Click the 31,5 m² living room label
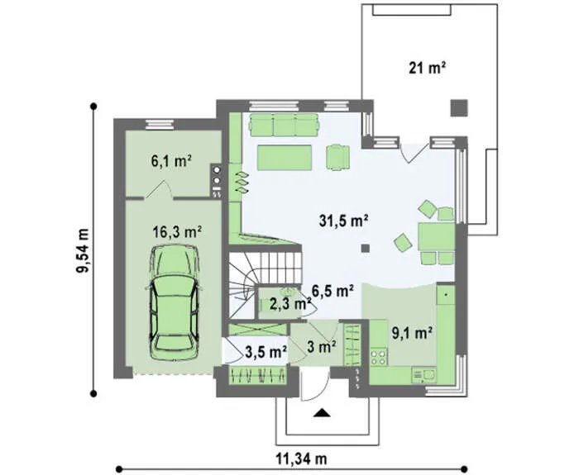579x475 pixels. [x=343, y=221]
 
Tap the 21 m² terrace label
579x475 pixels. [x=427, y=68]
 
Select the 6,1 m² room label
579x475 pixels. [x=171, y=160]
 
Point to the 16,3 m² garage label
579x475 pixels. [x=177, y=232]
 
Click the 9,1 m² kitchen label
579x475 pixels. [x=412, y=333]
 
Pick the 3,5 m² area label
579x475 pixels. [x=266, y=352]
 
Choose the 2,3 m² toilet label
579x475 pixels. [x=290, y=304]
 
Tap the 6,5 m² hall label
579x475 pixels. [x=333, y=291]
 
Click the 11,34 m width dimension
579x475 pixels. [x=301, y=458]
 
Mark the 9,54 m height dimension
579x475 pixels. [x=83, y=250]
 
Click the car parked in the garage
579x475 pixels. [x=174, y=302]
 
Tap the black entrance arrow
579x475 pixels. [x=322, y=413]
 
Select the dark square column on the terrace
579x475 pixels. [x=459, y=108]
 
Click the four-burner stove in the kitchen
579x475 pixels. [x=379, y=356]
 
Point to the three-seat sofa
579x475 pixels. [x=284, y=124]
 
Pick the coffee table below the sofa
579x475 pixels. [x=285, y=158]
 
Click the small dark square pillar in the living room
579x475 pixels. [x=366, y=248]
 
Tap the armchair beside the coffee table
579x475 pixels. [x=337, y=158]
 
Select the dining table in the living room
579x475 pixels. [x=436, y=237]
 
